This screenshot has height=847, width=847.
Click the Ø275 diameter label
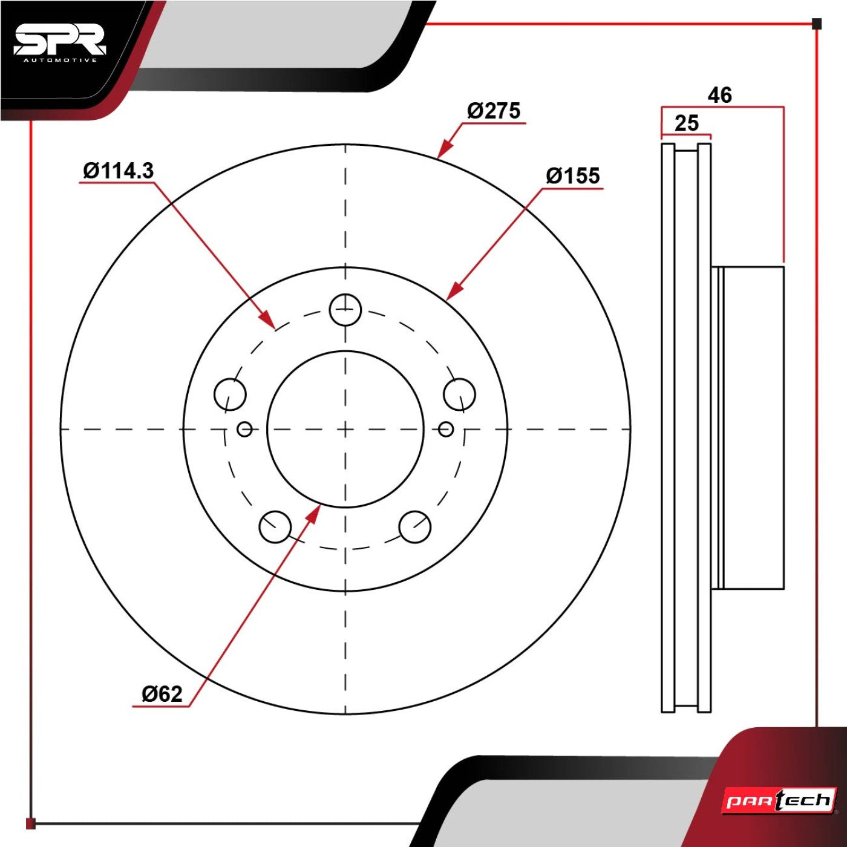coord(494,110)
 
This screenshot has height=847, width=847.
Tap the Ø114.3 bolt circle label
coord(118,170)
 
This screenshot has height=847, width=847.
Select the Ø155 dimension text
coord(573,176)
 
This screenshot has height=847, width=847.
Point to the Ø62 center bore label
coord(162,694)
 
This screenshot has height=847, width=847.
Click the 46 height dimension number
coord(719,95)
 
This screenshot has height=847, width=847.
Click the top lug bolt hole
coord(345,310)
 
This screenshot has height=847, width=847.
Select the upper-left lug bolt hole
coord(230,394)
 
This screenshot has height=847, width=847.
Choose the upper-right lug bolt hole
coord(459,394)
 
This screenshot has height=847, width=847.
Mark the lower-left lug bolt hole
coord(275,526)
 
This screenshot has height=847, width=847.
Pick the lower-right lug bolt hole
coord(415,526)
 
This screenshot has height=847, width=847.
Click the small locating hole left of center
coord(244,429)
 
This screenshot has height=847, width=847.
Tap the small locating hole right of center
coord(446,429)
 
